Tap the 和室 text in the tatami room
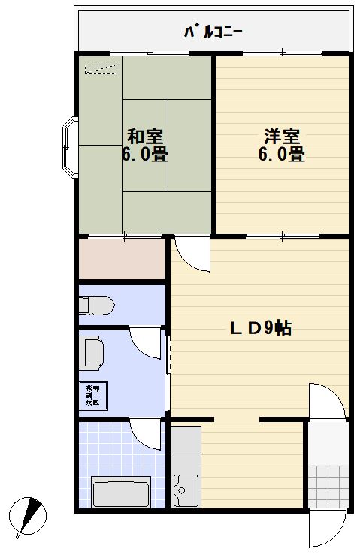coord(145,137)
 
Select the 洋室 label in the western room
coord(281,137)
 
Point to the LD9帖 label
coord(261,328)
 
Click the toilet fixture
coord(95,306)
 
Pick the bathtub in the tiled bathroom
coord(120,492)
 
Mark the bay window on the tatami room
coord(68,148)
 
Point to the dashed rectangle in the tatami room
coord(101,69)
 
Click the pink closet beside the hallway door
coord(122,259)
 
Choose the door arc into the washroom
coord(146,342)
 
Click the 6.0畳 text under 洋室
coord(282,155)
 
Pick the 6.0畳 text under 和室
coord(145,155)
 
